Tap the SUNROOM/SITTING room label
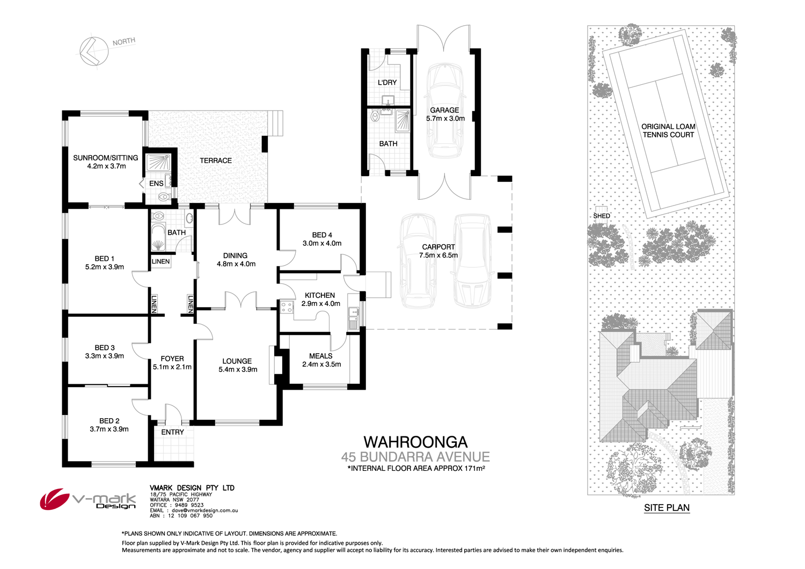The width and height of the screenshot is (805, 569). tap(106, 158)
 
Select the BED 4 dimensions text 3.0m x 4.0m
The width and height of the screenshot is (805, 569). tap(322, 243)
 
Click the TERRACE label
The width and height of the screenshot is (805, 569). tap(216, 161)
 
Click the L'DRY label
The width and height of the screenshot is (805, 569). tap(387, 83)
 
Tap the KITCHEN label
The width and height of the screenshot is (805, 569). tap(320, 295)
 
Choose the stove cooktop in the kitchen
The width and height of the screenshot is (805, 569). tap(287, 307)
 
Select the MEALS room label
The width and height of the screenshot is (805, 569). tap(321, 356)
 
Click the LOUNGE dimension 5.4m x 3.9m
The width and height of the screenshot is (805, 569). tap(238, 369)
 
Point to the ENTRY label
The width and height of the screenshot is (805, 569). tap(173, 432)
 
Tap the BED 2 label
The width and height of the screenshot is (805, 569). tap(109, 421)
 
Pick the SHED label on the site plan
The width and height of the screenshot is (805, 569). tap(602, 216)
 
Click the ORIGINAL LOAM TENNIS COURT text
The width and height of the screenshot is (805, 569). tap(668, 130)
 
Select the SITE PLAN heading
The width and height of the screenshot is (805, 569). tap(667, 508)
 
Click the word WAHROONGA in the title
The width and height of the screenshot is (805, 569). tap(416, 442)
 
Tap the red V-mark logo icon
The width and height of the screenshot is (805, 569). tap(54, 499)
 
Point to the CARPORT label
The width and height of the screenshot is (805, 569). tap(438, 247)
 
